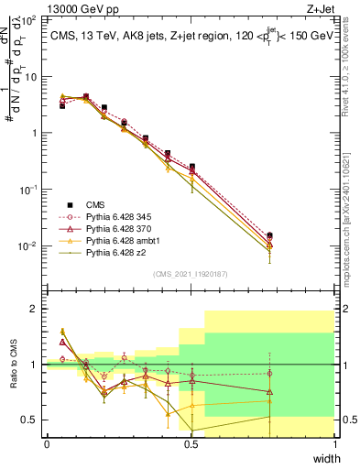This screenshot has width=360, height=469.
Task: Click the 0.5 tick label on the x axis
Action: (x=191, y=445)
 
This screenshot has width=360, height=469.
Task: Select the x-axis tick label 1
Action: (x=334, y=445)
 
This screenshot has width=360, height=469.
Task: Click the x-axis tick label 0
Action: (x=47, y=445)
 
